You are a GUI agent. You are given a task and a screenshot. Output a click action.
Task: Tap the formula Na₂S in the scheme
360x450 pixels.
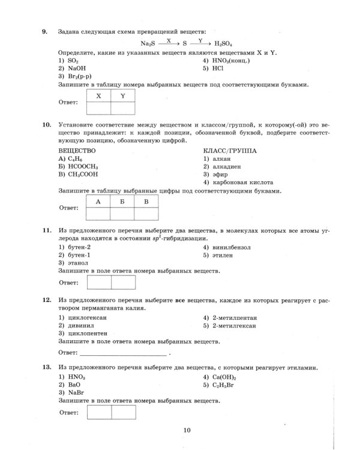[x=148, y=43]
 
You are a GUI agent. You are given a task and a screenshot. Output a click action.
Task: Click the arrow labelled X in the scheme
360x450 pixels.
[x=169, y=42]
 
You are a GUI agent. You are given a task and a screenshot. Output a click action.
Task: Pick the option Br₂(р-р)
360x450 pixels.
[x=75, y=77]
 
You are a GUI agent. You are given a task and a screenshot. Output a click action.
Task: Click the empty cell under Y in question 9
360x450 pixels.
[x=123, y=108]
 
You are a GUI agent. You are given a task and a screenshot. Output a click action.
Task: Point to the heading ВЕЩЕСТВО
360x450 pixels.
[x=77, y=150]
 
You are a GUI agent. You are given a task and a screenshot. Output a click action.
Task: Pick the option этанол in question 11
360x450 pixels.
[x=74, y=263]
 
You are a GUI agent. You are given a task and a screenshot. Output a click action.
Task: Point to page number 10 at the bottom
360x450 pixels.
[x=187, y=429]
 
